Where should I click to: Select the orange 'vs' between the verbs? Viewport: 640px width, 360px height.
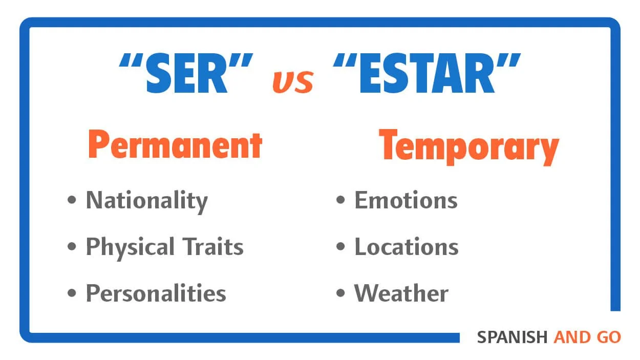[x=292, y=82]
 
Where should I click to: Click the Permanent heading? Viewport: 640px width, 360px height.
[x=175, y=145]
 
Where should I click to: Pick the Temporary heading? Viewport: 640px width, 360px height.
[x=468, y=146]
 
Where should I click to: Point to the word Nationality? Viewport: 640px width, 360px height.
[x=146, y=200]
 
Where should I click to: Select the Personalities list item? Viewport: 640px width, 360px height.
[x=156, y=293]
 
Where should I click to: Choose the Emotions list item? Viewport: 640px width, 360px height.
[x=406, y=200]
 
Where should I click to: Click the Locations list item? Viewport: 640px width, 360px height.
[x=407, y=247]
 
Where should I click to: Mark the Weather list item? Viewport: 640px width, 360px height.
[x=401, y=293]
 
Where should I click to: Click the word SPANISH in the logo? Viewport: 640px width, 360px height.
[x=512, y=337]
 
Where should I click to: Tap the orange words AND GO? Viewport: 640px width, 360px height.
[x=587, y=337]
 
